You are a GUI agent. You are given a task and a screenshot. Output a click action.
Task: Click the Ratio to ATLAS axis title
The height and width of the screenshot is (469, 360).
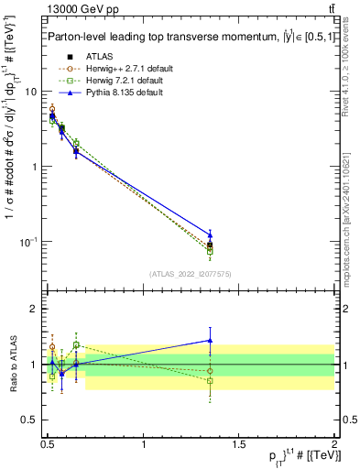(12, 365)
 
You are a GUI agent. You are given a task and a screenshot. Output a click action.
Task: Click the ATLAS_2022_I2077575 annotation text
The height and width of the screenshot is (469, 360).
(191, 273)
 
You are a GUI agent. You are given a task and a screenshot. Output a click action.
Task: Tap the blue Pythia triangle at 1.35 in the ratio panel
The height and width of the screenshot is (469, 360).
(211, 340)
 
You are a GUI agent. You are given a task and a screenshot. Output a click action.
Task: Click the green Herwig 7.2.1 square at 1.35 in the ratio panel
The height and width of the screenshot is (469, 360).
(211, 381)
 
